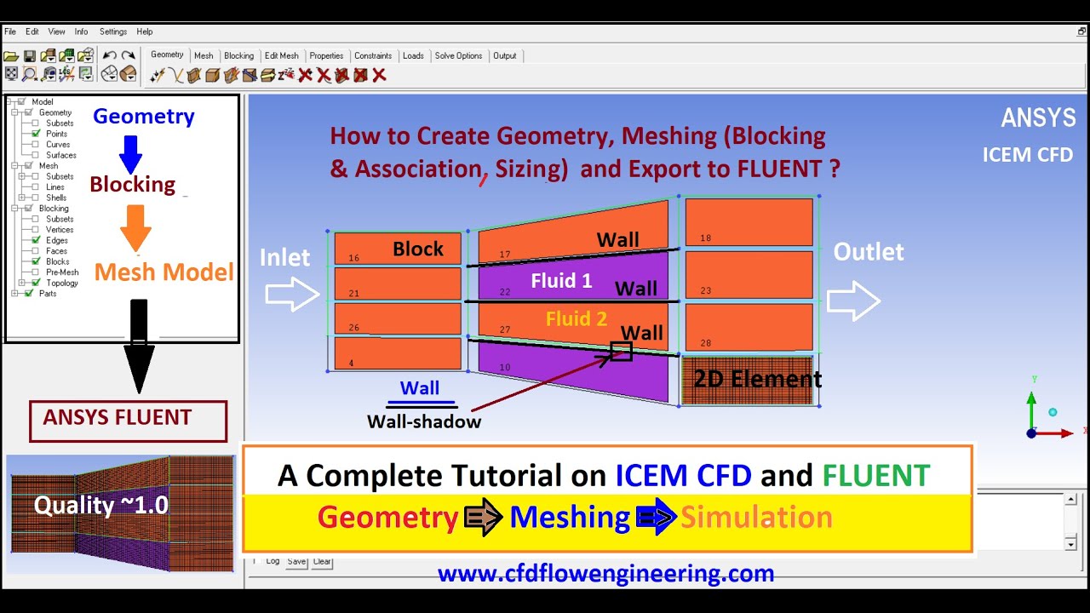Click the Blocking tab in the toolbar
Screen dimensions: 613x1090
pyautogui.click(x=238, y=56)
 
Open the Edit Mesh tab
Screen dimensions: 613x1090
pyautogui.click(x=281, y=56)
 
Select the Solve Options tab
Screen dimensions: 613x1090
pyautogui.click(x=458, y=56)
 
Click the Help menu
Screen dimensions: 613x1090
pyautogui.click(x=145, y=32)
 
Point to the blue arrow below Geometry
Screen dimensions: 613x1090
pyautogui.click(x=130, y=153)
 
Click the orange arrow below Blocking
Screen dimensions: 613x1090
pyautogui.click(x=135, y=227)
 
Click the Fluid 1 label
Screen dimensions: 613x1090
pyautogui.click(x=561, y=280)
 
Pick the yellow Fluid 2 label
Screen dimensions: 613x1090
pyautogui.click(x=577, y=319)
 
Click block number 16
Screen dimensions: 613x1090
pyautogui.click(x=354, y=257)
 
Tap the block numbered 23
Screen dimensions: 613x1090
pyautogui.click(x=706, y=290)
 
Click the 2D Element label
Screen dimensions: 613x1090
pyautogui.click(x=757, y=379)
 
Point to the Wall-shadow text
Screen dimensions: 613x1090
pyautogui.click(x=424, y=421)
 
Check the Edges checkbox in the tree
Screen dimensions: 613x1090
pyautogui.click(x=36, y=240)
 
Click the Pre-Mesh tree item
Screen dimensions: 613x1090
pyautogui.click(x=62, y=272)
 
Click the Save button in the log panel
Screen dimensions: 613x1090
pyautogui.click(x=296, y=562)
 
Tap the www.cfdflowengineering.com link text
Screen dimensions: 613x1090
pyautogui.click(x=605, y=574)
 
